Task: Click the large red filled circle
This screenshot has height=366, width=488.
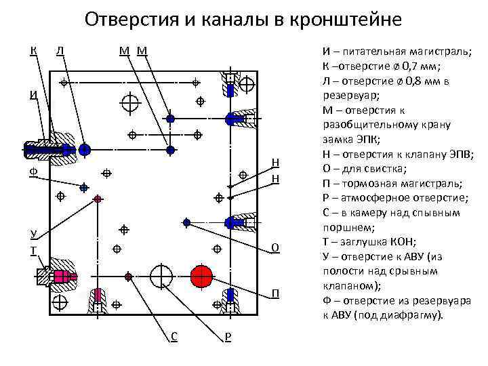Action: [x=201, y=276]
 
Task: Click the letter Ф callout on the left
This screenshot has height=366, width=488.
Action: [x=33, y=174]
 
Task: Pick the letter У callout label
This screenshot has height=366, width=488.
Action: [x=33, y=235]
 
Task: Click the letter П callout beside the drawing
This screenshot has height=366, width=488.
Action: [x=275, y=293]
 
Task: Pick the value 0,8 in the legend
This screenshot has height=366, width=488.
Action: [x=412, y=81]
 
